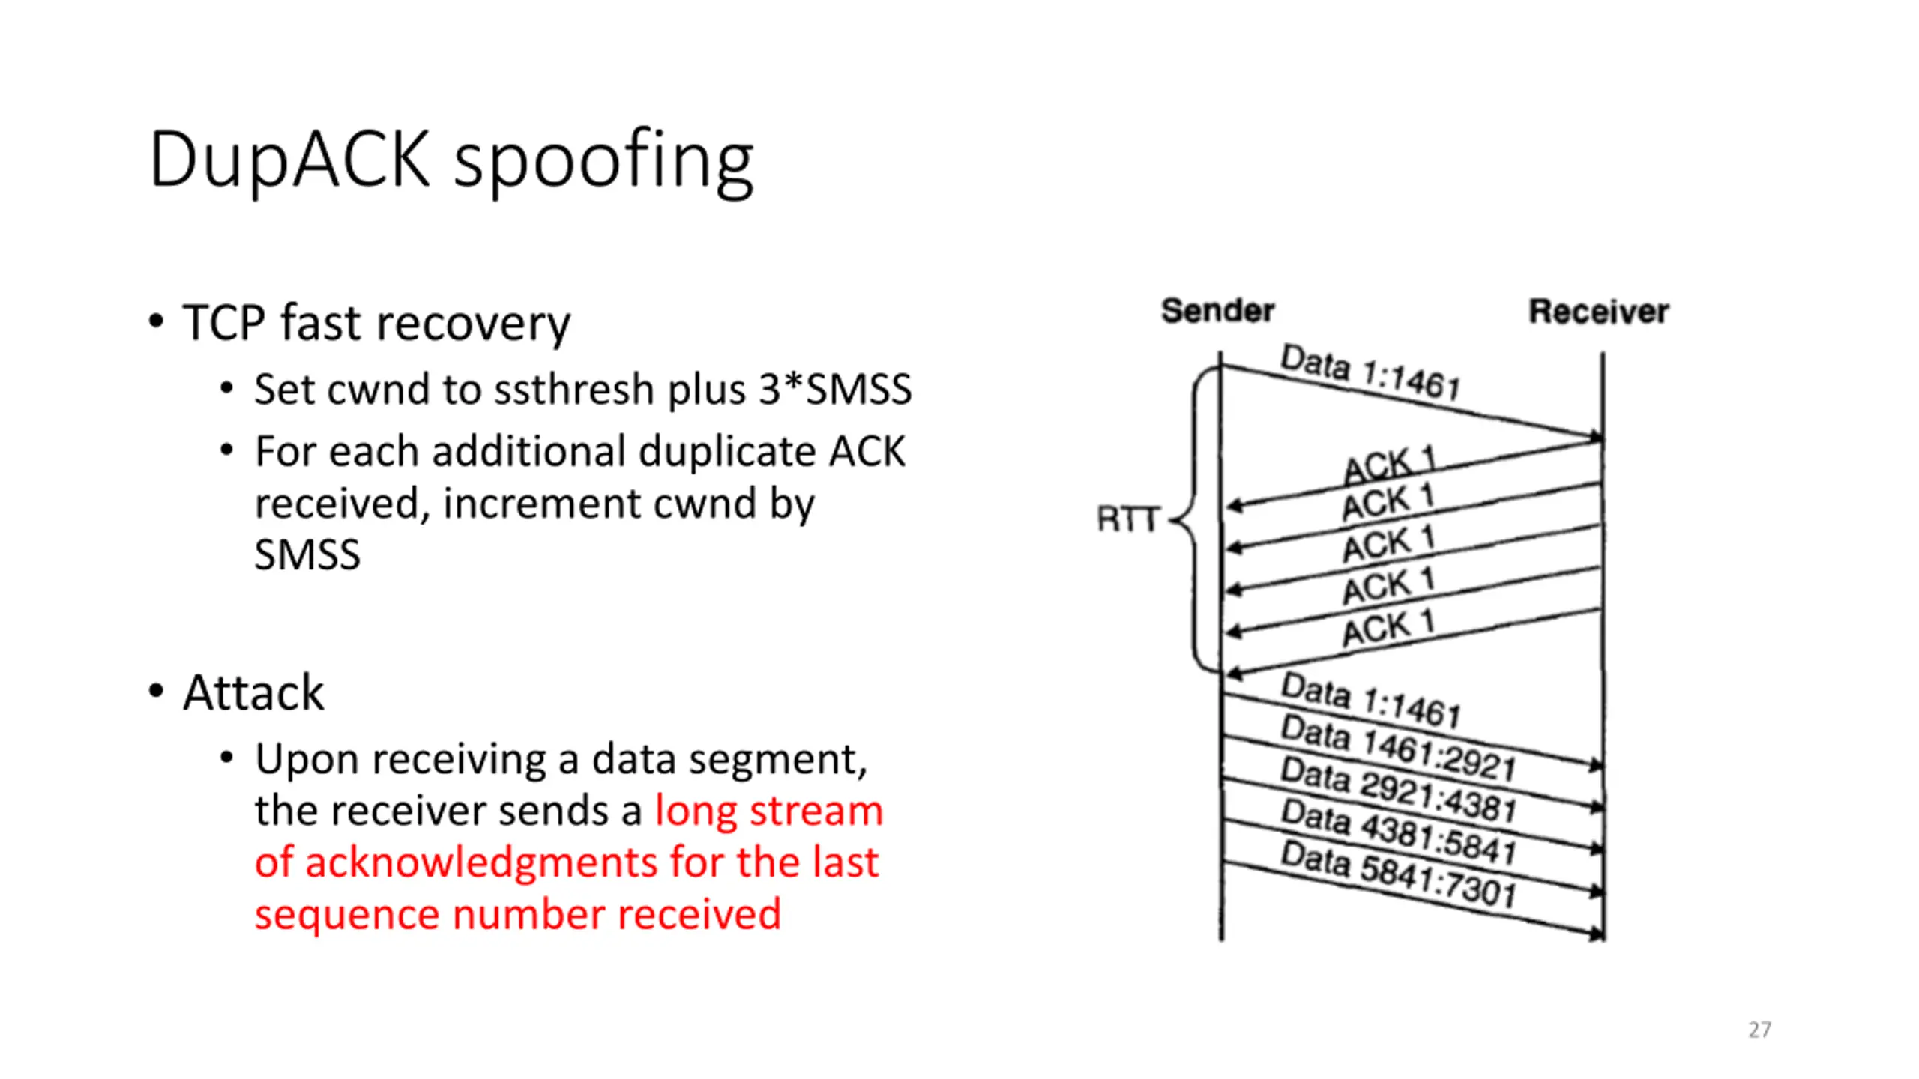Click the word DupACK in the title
point(289,159)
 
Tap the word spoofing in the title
point(603,162)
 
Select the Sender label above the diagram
point(1217,310)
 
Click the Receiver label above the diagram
point(1598,312)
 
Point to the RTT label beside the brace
point(1128,519)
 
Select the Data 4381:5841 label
point(1397,832)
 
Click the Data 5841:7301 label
point(1397,874)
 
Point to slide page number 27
point(1759,1030)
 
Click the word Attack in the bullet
point(253,692)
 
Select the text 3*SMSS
point(835,390)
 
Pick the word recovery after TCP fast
point(472,324)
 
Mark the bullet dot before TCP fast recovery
point(155,322)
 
